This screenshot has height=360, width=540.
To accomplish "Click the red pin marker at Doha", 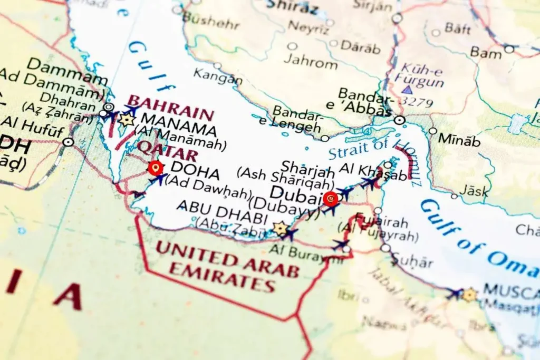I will (x=155, y=168).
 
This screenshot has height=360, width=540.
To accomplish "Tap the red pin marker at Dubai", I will (x=331, y=199).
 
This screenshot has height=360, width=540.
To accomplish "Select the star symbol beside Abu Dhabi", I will (x=280, y=228).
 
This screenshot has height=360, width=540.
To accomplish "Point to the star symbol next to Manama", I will (x=126, y=119).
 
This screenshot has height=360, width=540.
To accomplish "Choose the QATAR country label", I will (x=168, y=150).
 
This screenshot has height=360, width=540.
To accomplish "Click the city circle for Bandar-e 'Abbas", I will (x=400, y=120).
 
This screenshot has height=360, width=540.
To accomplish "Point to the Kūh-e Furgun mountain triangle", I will (x=407, y=90).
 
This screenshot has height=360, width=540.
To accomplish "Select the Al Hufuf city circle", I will (x=68, y=142).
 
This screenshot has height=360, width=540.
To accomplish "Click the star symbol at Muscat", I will (x=469, y=295).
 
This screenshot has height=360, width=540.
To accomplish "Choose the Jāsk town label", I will (x=474, y=191).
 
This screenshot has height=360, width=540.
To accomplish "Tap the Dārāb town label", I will (x=360, y=47).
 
